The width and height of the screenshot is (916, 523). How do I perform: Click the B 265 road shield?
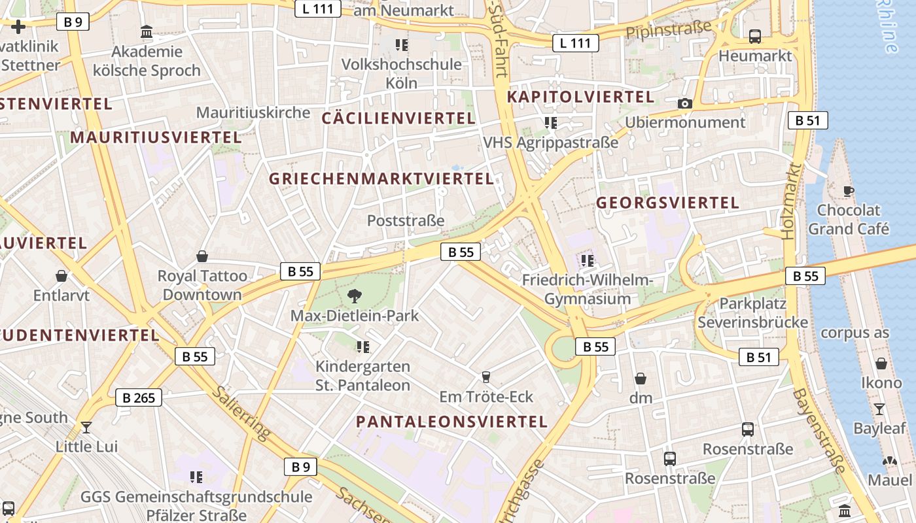coord(139,397)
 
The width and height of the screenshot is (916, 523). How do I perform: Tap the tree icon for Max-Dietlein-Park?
coord(355,295)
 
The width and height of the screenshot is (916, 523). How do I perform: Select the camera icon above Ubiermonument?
coord(685,103)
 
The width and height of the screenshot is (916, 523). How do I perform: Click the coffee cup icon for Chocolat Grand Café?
coord(849,191)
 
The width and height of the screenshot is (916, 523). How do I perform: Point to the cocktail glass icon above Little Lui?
coord(86,428)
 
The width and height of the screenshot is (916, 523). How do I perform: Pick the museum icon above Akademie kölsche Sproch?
coord(147,31)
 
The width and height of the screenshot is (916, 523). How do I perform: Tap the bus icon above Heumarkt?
coord(755,37)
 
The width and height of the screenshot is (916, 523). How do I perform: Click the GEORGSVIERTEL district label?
coord(667,203)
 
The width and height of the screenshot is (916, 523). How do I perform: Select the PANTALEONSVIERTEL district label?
coord(451,422)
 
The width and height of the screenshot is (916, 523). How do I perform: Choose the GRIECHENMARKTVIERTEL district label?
coord(381,178)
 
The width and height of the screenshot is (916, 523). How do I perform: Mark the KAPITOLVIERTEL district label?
coord(580,97)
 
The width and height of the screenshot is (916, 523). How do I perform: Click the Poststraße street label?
coord(406,220)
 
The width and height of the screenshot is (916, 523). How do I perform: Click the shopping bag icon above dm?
coord(641,379)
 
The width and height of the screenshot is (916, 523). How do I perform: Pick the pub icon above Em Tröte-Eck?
coord(485,377)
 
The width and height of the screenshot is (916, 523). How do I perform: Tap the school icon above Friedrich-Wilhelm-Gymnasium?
coord(588,261)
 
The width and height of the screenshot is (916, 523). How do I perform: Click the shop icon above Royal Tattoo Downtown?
coord(202,256)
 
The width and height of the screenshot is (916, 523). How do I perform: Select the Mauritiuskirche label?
coord(253,112)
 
